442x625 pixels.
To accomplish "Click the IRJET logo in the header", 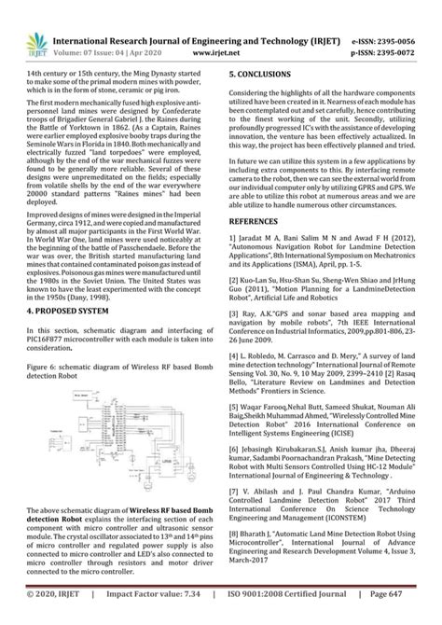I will coord(31,35).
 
